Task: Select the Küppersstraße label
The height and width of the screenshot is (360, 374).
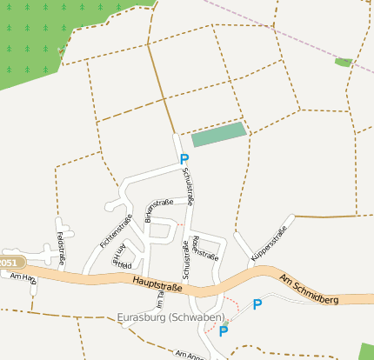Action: click(268, 243)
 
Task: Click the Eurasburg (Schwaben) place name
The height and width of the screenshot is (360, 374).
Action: click(170, 317)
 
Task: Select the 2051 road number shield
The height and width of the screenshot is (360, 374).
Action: click(8, 263)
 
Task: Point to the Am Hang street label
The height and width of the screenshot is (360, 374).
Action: click(23, 277)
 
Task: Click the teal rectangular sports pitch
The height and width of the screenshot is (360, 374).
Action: click(219, 134)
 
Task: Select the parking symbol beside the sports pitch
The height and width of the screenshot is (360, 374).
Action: click(184, 159)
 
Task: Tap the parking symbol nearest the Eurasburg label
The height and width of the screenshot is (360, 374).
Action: click(224, 330)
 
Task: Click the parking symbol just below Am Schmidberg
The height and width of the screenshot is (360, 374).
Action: click(257, 304)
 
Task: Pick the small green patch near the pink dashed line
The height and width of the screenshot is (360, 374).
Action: click(344, 63)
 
